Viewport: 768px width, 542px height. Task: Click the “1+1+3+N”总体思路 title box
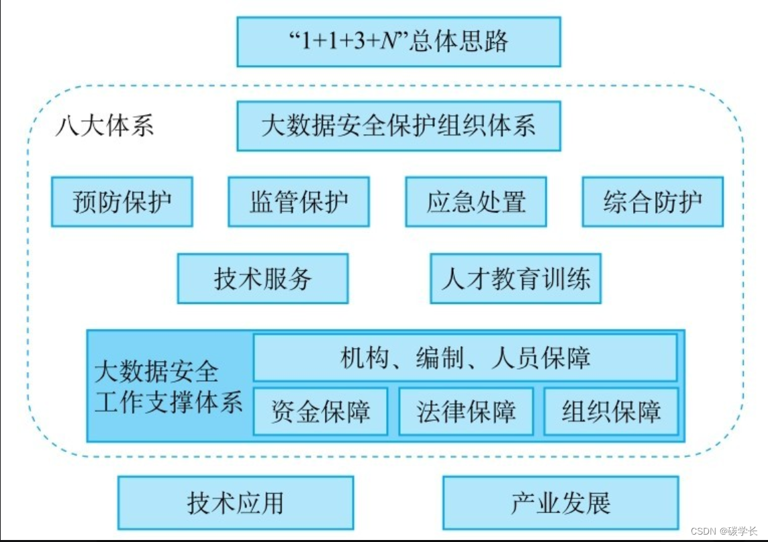(399, 42)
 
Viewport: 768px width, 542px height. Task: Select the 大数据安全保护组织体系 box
(399, 126)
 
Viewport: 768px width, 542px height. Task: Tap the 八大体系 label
(104, 126)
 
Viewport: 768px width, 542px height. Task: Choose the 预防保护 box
(122, 202)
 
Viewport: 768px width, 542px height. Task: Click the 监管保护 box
(299, 202)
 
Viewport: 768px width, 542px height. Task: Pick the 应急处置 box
(476, 202)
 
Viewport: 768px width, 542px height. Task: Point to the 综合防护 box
(653, 202)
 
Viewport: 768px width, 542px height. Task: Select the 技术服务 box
(262, 278)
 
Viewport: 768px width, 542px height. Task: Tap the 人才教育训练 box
(516, 278)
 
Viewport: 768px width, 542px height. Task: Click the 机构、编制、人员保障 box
(465, 358)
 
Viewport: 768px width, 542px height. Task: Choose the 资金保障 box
(320, 411)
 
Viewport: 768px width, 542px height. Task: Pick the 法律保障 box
(466, 411)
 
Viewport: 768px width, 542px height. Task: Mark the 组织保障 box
(611, 411)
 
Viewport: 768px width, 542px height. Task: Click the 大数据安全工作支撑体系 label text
(168, 387)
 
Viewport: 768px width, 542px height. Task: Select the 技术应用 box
(236, 502)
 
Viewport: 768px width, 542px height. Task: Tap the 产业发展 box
(561, 502)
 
